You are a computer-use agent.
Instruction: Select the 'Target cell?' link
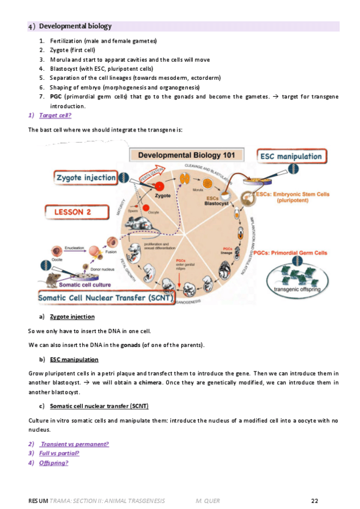pos(55,115)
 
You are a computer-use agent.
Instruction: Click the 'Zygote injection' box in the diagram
pos(86,177)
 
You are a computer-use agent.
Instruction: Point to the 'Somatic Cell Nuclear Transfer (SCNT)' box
pos(106,298)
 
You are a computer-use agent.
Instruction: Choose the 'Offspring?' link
pos(53,463)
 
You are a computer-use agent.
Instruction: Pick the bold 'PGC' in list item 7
pos(56,96)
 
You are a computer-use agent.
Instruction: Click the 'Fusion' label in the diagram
pos(112,252)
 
